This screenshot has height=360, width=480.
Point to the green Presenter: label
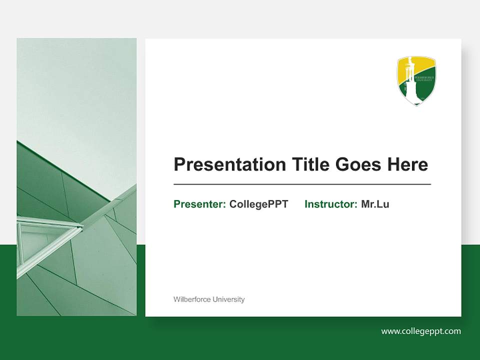[199, 204]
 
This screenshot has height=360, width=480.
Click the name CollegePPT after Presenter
[258, 204]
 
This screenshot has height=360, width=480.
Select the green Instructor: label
[330, 204]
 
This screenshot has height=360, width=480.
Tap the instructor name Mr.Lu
[375, 204]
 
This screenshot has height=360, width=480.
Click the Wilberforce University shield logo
[416, 80]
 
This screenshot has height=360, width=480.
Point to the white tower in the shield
[411, 82]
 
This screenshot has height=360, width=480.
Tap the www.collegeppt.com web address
[421, 331]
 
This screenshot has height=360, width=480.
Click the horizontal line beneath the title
[302, 184]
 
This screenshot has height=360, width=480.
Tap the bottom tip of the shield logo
[416, 104]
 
